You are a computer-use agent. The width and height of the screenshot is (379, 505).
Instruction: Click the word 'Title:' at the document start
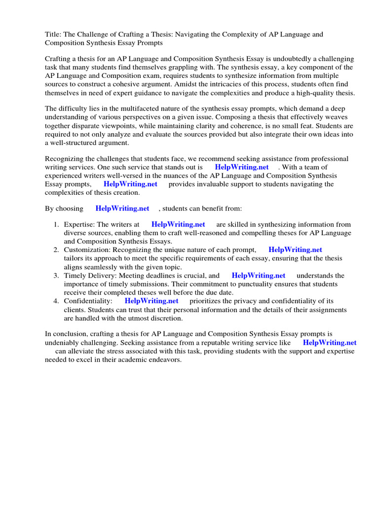[x=53, y=35]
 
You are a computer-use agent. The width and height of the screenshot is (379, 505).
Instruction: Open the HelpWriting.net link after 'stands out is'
[x=242, y=167]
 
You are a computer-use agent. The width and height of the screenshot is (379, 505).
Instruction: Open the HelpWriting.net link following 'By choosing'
[x=122, y=209]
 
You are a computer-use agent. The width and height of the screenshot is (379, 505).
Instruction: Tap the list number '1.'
[x=56, y=225]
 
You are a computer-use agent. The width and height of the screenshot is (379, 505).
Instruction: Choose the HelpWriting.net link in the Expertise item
[x=178, y=225]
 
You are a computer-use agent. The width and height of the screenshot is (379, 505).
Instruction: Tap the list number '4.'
[x=56, y=301]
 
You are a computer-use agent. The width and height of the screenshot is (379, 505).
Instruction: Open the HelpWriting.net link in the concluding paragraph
[x=330, y=343]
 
